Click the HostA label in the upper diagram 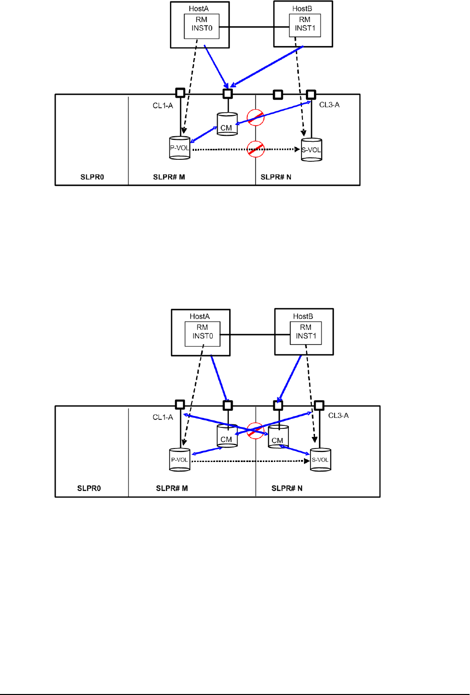tap(199, 9)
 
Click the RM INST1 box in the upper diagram tap(304, 24)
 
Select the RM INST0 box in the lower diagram tap(203, 332)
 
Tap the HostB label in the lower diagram tap(303, 316)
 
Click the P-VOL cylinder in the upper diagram tap(180, 148)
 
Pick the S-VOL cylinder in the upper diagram tap(311, 150)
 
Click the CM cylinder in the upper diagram tap(227, 124)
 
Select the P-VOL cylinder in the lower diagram tap(180, 459)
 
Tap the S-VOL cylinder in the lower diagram tap(321, 459)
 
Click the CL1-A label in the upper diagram tap(163, 106)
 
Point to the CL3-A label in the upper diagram tap(329, 105)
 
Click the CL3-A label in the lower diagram tap(338, 415)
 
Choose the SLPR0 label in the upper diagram tap(92, 177)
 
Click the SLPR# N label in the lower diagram tap(287, 488)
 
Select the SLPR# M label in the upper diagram tap(169, 177)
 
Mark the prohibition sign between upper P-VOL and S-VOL tap(256, 149)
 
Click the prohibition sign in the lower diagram tap(255, 431)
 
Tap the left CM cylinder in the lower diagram tap(227, 436)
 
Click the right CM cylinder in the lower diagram tap(278, 437)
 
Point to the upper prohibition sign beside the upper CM tap(256, 118)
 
